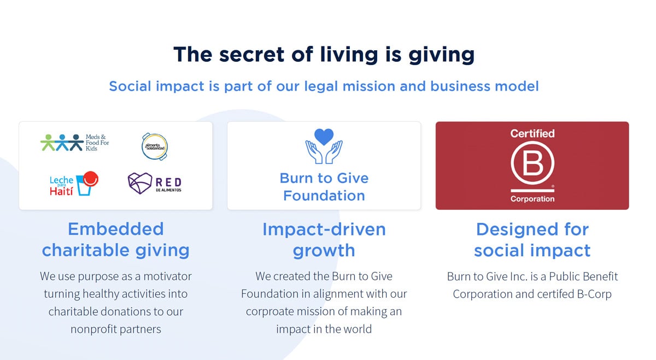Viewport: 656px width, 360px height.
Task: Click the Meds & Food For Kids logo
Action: point(75,143)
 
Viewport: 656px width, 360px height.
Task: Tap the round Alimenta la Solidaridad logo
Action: point(155,146)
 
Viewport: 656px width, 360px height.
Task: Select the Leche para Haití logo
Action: point(73,184)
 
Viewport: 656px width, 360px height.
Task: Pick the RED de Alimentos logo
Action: point(154,184)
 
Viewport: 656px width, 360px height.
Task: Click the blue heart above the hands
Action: point(324,136)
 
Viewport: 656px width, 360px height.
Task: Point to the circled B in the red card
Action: point(532,164)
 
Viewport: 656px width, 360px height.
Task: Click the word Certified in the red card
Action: point(532,133)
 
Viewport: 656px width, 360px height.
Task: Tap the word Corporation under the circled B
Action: point(532,199)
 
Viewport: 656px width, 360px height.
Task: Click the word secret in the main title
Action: point(240,55)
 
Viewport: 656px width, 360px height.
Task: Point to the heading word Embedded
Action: point(115,228)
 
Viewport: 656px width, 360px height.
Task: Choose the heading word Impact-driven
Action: point(324,229)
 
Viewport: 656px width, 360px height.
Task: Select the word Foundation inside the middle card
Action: point(324,196)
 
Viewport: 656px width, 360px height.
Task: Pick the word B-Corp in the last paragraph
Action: point(594,294)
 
